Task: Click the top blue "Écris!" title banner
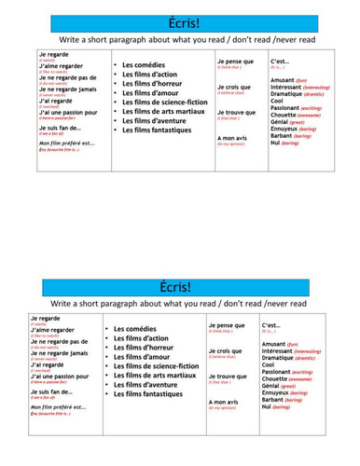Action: point(185,23)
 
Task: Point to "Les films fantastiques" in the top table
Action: point(158,130)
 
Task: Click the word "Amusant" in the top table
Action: point(284,80)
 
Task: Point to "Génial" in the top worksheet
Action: point(282,121)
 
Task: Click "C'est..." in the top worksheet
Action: point(280,62)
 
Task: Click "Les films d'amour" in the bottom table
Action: point(146,357)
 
